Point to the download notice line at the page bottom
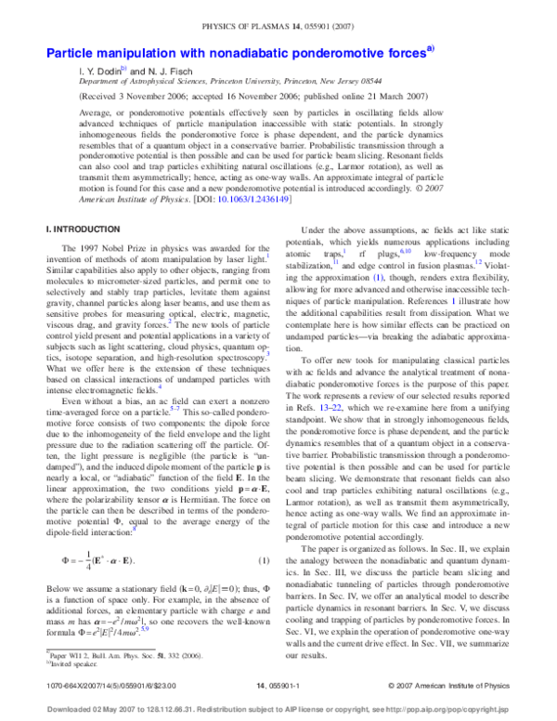point(278,705)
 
